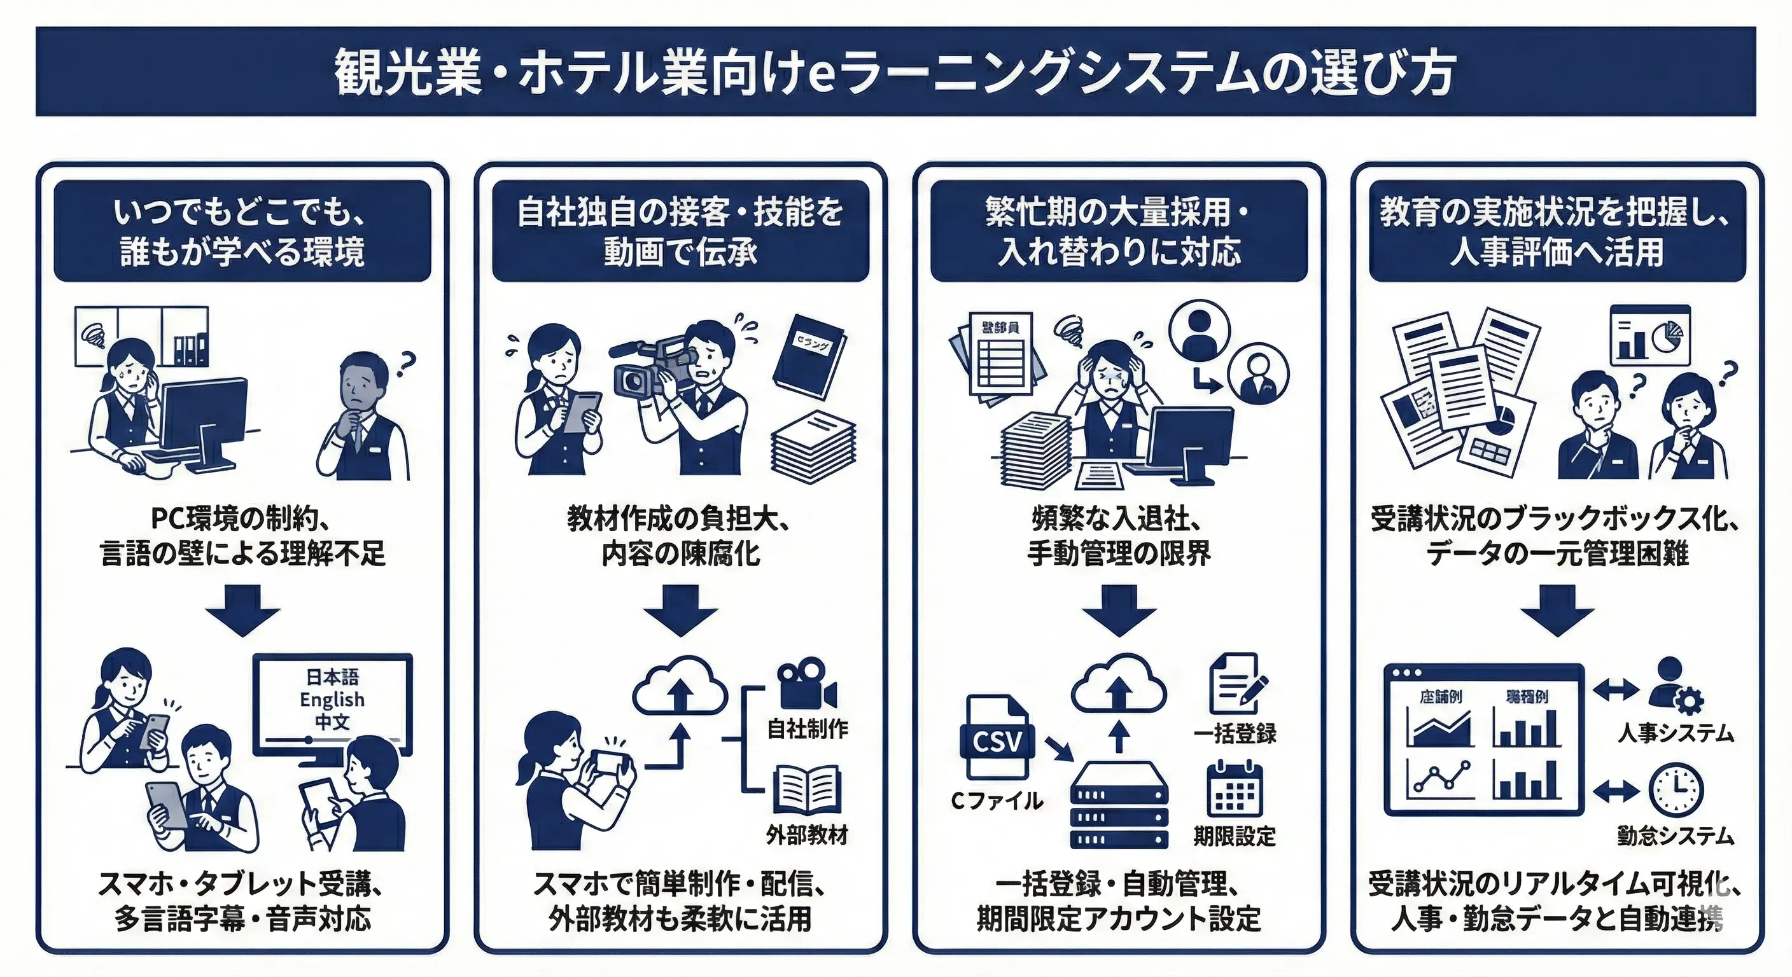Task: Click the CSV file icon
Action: click(x=995, y=737)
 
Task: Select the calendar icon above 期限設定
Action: click(x=1234, y=789)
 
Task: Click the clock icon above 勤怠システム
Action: click(x=1676, y=790)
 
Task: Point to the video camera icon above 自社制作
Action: click(x=806, y=685)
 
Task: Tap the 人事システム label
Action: click(x=1675, y=733)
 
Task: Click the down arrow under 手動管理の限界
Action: click(x=1119, y=610)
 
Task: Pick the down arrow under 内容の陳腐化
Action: click(x=680, y=610)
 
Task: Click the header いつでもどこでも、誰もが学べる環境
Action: click(x=242, y=231)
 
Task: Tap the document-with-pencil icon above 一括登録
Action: click(x=1237, y=683)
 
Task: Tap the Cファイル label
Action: click(x=996, y=801)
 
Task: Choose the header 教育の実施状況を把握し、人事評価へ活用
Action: click(x=1557, y=231)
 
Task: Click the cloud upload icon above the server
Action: click(x=1119, y=684)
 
